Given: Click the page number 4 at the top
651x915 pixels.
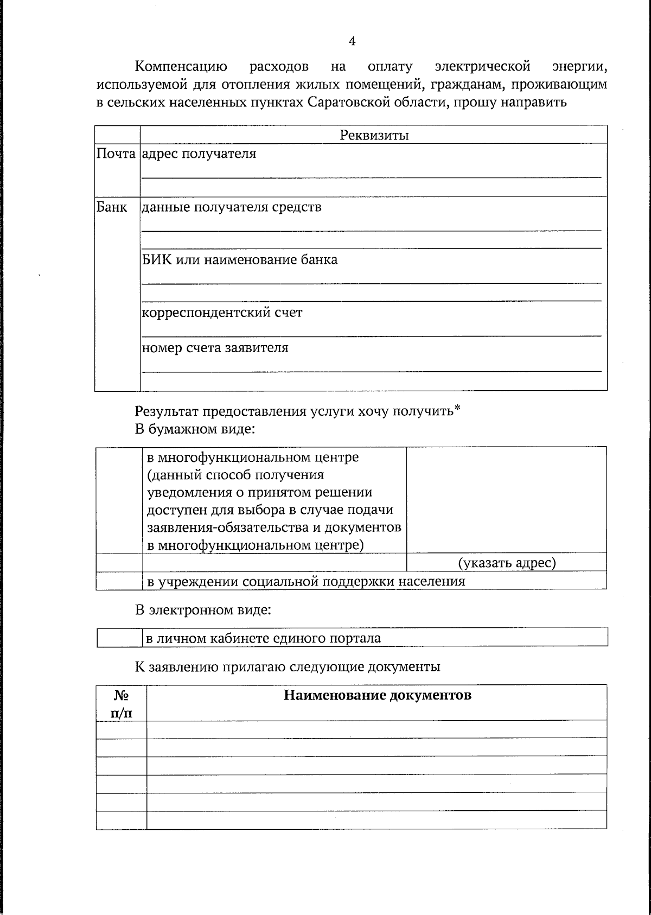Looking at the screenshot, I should pyautogui.click(x=352, y=42).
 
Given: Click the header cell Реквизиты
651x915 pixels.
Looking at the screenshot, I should pyautogui.click(x=374, y=135).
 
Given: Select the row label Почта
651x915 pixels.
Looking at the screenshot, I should pyautogui.click(x=116, y=154).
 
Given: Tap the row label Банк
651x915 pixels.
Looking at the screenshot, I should pyautogui.click(x=112, y=207).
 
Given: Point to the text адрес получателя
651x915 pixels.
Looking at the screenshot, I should pyautogui.click(x=199, y=154).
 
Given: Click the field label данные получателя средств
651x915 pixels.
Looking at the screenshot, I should pyautogui.click(x=231, y=207).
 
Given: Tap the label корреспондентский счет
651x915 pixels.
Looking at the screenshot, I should pyautogui.click(x=222, y=313).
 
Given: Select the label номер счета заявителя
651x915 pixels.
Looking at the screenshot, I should pyautogui.click(x=215, y=348).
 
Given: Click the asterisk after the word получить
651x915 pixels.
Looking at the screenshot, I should pyautogui.click(x=457, y=408).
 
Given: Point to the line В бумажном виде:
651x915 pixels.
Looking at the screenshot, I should pyautogui.click(x=195, y=429).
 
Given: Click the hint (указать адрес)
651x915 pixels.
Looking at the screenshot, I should pyautogui.click(x=507, y=563).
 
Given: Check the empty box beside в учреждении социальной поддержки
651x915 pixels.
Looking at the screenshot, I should pyautogui.click(x=119, y=581).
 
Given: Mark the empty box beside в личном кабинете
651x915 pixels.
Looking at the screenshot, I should pyautogui.click(x=119, y=638).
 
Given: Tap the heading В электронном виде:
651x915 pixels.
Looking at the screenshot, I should pyautogui.click(x=203, y=609).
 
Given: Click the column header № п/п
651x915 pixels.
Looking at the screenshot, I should pyautogui.click(x=122, y=703).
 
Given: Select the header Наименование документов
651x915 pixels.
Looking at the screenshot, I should pyautogui.click(x=377, y=695).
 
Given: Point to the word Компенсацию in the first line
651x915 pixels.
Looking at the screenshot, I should pyautogui.click(x=181, y=67).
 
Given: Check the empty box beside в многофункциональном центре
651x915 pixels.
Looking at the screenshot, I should pyautogui.click(x=119, y=500).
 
